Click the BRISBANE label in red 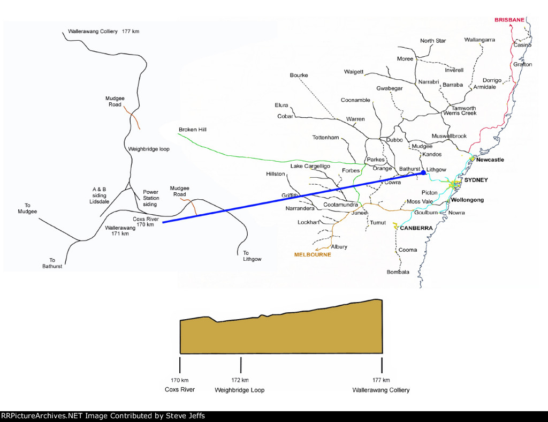pyautogui.click(x=509, y=20)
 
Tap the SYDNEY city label pyautogui.click(x=476, y=180)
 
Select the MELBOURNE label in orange pyautogui.click(x=313, y=255)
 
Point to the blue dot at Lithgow pyautogui.click(x=423, y=172)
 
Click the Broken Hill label pyautogui.click(x=192, y=130)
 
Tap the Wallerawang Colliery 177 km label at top pyautogui.click(x=104, y=32)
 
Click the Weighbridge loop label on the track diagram pyautogui.click(x=149, y=149)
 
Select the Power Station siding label pyautogui.click(x=150, y=198)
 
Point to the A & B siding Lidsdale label pyautogui.click(x=100, y=195)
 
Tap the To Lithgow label pyautogui.click(x=252, y=256)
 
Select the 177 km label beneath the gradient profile pyautogui.click(x=382, y=380)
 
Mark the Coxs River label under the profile pyautogui.click(x=180, y=389)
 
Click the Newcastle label pyautogui.click(x=490, y=160)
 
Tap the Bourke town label pyautogui.click(x=299, y=76)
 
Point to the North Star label pyautogui.click(x=433, y=41)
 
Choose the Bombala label pyautogui.click(x=398, y=272)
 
